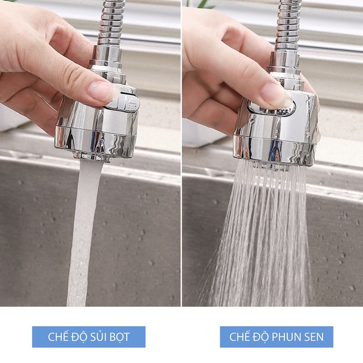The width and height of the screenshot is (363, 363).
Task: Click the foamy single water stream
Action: click(x=83, y=231)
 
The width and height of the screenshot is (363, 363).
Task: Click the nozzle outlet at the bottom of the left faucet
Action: click(x=92, y=157)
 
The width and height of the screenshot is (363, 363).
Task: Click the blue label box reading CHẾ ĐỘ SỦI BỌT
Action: click(x=88, y=337)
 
